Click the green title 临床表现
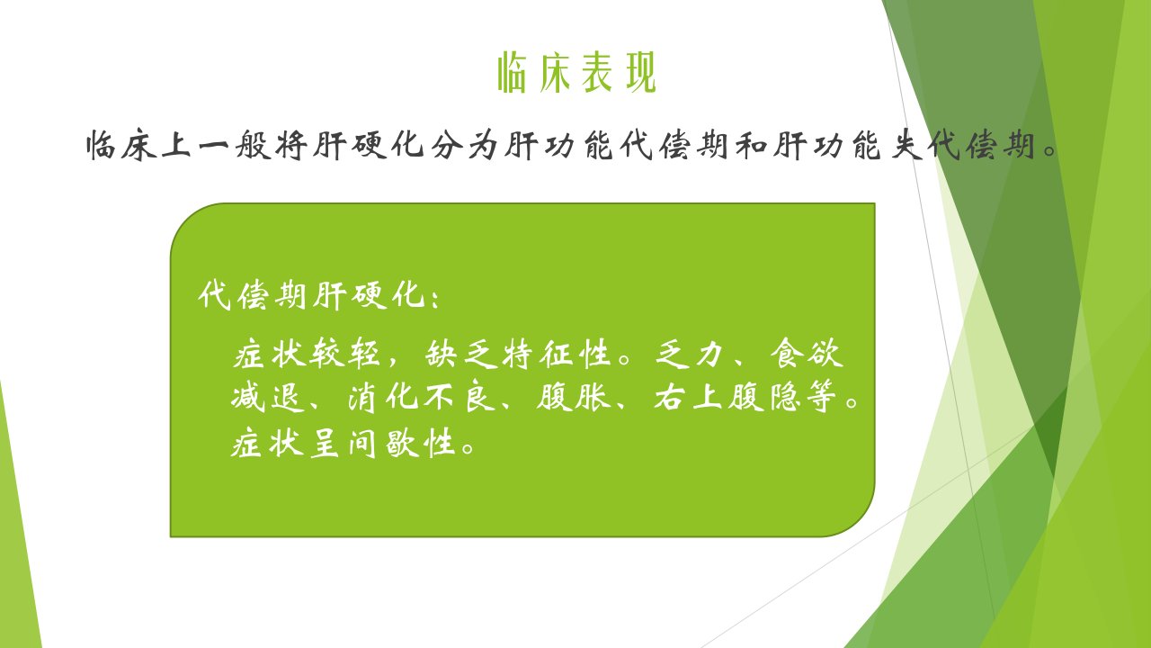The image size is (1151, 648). coord(577,73)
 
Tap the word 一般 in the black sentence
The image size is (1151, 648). coord(236,146)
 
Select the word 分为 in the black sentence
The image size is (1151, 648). coord(464,146)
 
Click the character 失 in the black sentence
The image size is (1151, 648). coord(907,146)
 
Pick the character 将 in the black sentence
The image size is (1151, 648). coord(291,146)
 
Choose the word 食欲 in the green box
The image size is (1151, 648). coord(807,354)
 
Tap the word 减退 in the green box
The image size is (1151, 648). coord(268,397)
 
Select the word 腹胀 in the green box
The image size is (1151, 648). coord(574,397)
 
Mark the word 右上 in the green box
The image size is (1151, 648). coord(689,397)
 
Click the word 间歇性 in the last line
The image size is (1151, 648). coord(402,442)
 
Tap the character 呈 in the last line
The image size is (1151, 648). coord(325,442)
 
